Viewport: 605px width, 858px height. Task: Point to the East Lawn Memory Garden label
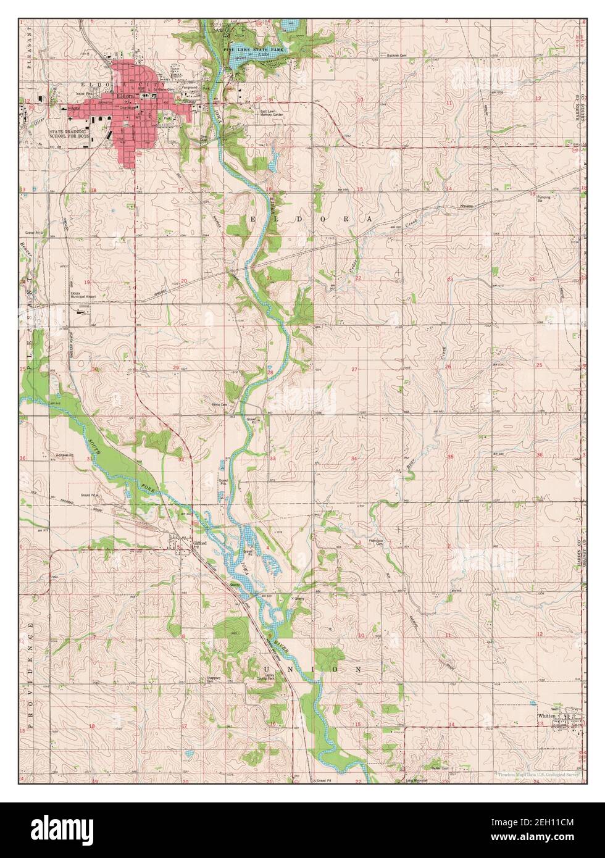270,114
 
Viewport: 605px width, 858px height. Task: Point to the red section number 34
354,459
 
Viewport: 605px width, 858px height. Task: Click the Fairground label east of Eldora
189,87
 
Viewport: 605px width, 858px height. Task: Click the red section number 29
176,368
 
